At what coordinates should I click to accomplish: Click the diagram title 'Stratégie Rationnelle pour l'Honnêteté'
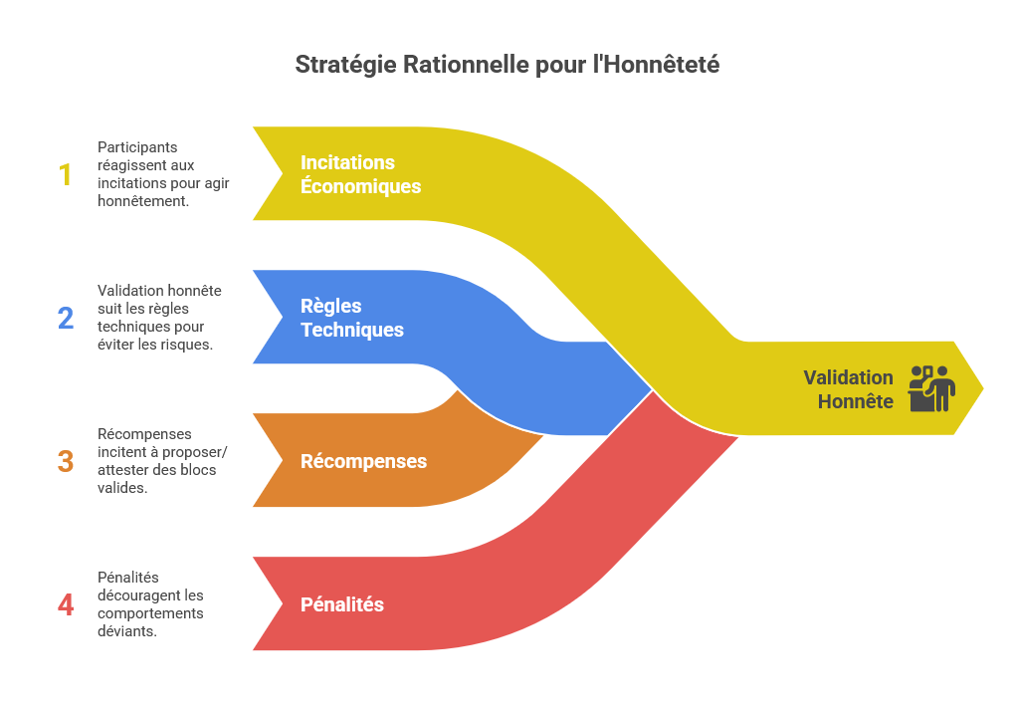click(507, 65)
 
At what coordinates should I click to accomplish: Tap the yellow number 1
click(66, 175)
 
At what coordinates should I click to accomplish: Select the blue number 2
click(66, 318)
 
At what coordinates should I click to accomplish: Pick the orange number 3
click(66, 461)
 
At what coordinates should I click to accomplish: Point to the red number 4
click(66, 604)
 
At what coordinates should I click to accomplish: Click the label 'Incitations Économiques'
click(360, 174)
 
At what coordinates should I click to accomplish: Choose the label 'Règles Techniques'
click(351, 318)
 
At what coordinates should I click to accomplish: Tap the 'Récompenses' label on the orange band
click(363, 462)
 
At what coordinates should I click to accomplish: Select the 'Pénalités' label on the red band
click(341, 604)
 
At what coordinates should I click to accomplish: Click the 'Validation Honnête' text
click(849, 389)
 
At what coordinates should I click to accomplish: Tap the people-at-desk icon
click(932, 387)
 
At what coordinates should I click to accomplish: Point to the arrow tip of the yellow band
click(980, 387)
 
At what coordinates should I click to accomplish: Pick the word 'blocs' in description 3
click(198, 470)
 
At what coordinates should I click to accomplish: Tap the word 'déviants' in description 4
click(126, 631)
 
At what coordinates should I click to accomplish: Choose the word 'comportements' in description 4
click(150, 613)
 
